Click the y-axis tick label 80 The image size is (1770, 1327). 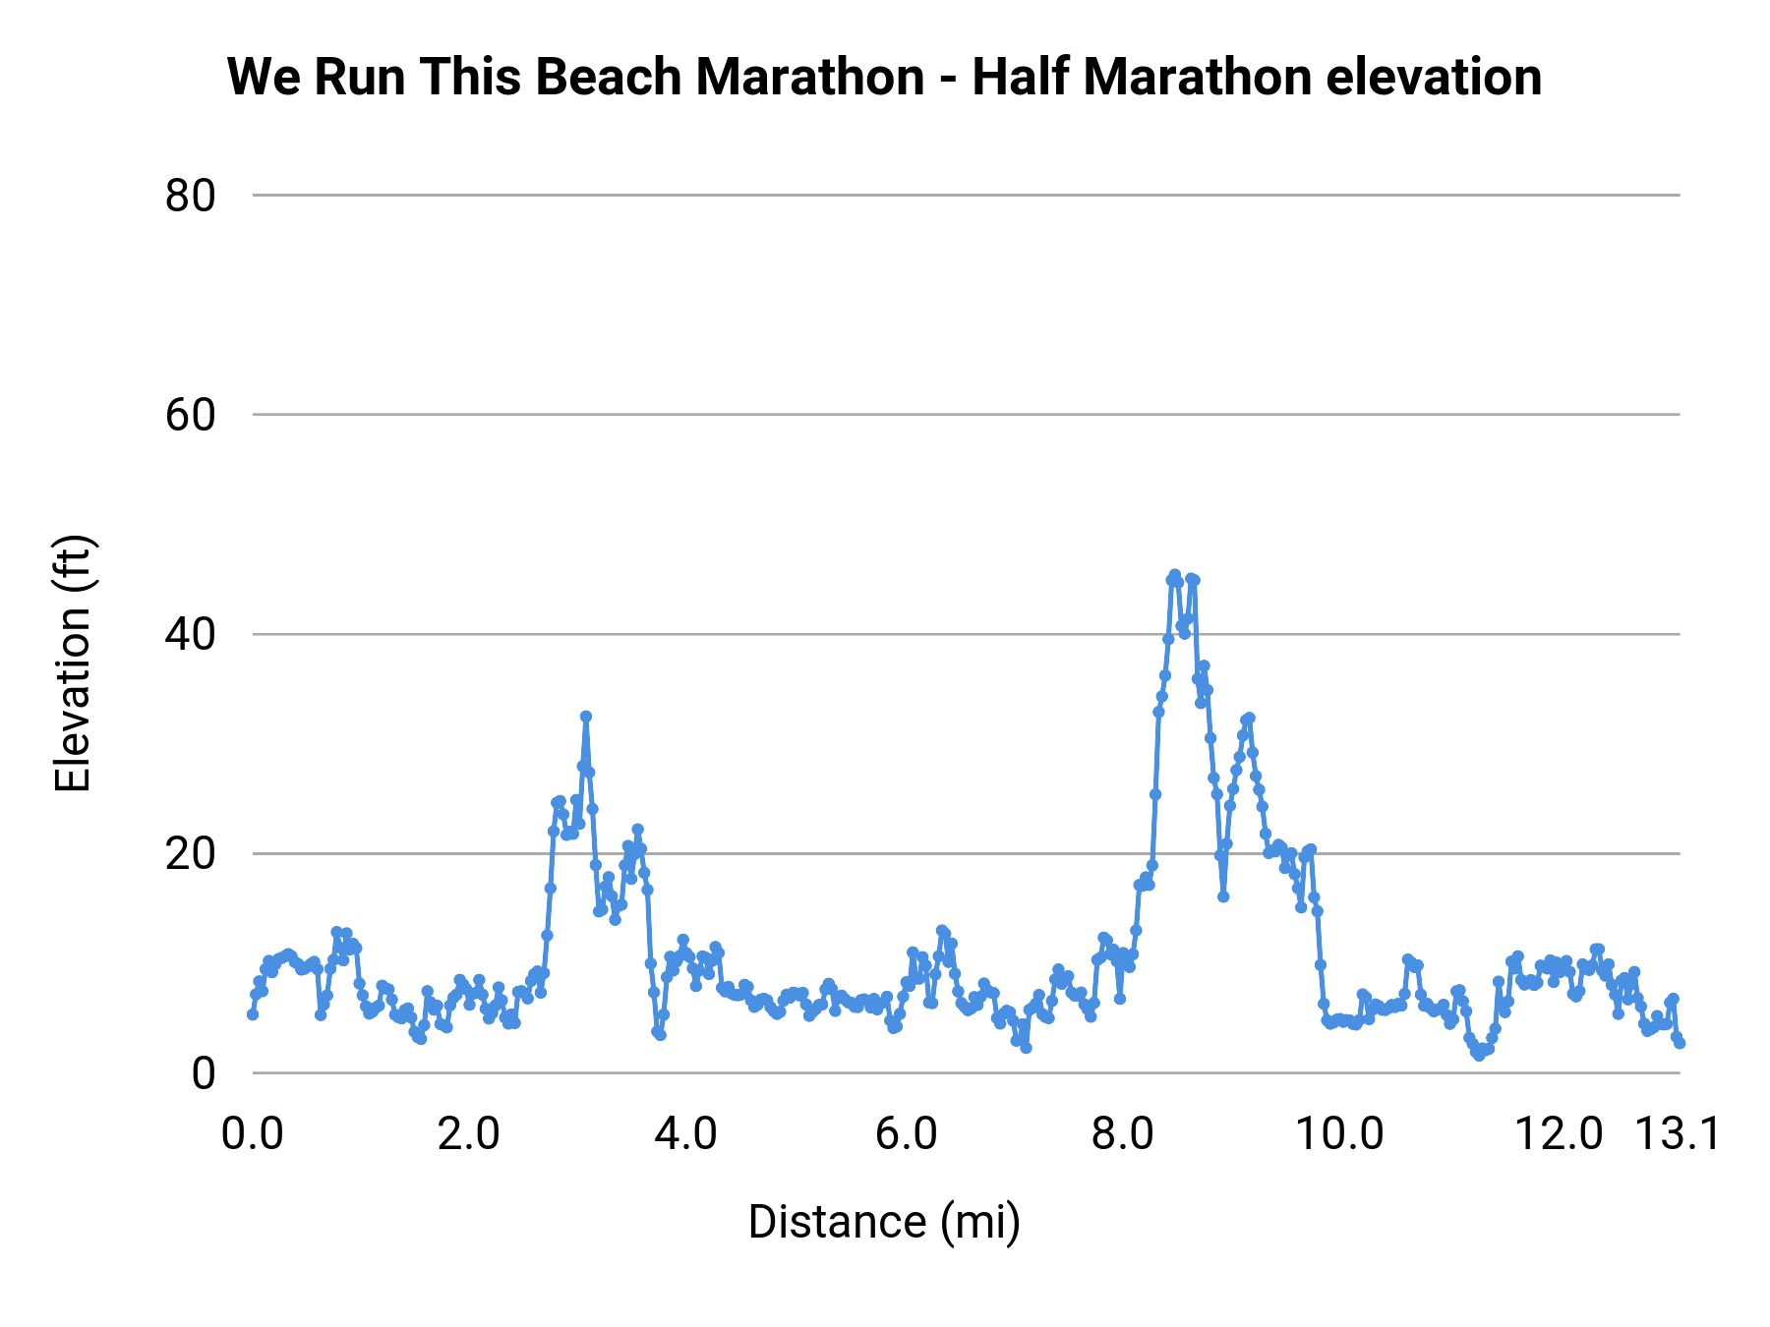coord(190,197)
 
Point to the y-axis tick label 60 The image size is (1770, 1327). coord(190,416)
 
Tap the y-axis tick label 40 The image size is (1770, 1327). coord(190,635)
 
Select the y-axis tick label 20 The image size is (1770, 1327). coord(190,854)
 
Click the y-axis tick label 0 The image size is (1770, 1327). coord(203,1073)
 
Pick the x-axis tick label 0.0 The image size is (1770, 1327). coord(253,1134)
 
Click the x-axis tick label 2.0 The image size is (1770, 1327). coord(469,1134)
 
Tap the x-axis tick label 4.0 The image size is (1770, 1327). coord(686,1134)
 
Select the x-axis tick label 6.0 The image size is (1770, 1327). coord(905,1134)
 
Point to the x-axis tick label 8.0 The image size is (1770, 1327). coord(1123,1134)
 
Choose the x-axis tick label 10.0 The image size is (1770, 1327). coord(1339,1134)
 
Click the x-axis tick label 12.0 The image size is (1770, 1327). coord(1559,1134)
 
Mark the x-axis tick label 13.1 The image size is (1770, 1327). coord(1678,1134)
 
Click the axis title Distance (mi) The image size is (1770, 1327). coord(884,1222)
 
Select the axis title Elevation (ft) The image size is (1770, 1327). coord(73,663)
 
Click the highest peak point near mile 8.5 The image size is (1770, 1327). coord(1174,574)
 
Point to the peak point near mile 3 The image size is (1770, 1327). coord(586,717)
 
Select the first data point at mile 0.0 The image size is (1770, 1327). coord(253,1013)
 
